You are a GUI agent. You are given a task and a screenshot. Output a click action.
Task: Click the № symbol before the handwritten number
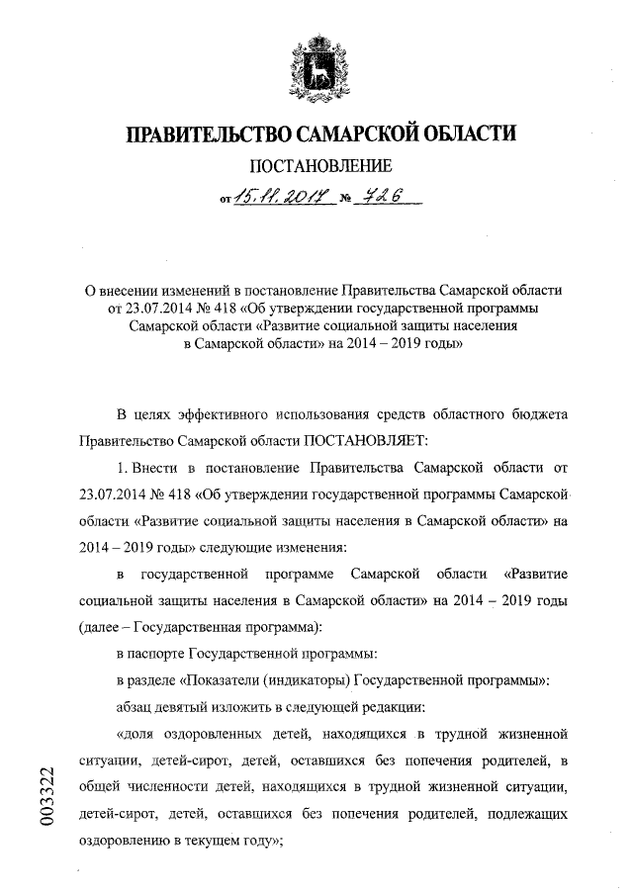click(346, 202)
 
